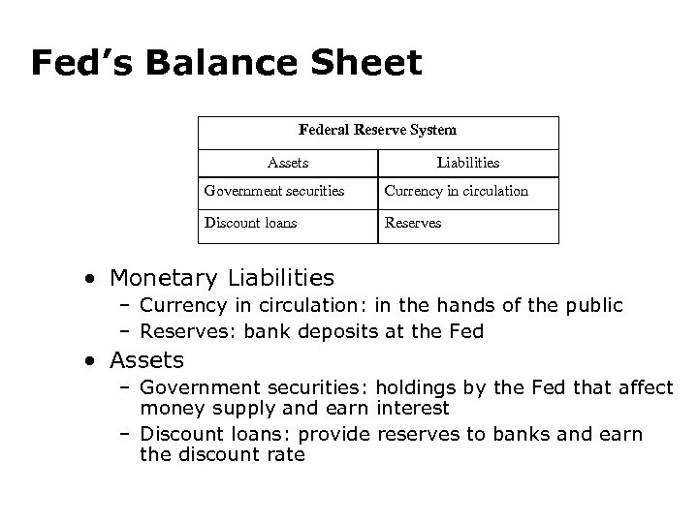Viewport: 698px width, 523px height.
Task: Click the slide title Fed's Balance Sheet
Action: [x=226, y=64]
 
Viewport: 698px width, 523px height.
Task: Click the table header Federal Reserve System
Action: [x=377, y=130]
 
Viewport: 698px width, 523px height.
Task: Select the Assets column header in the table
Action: [x=287, y=164]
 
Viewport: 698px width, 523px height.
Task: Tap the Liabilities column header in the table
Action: [x=468, y=164]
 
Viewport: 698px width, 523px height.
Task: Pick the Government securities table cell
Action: [x=274, y=191]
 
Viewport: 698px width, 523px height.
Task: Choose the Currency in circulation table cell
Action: [x=457, y=191]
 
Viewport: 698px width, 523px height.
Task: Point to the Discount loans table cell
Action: [x=251, y=223]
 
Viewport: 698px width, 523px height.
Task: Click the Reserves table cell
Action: [x=413, y=223]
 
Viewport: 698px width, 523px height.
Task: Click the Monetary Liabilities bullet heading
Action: [x=222, y=279]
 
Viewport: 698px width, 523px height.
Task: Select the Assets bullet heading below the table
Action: [x=146, y=360]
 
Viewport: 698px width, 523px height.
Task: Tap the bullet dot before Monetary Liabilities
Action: [x=89, y=280]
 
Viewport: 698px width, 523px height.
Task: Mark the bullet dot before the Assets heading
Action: [x=89, y=361]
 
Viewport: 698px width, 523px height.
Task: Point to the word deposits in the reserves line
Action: [x=363, y=331]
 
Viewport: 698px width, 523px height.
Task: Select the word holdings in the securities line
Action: [x=420, y=387]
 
